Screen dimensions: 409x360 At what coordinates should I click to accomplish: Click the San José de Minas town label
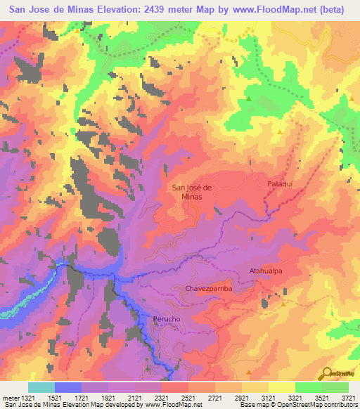pyautogui.click(x=188, y=192)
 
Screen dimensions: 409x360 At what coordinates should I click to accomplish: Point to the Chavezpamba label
pyautogui.click(x=208, y=288)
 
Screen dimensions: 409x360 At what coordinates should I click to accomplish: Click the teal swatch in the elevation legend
pyautogui.click(x=41, y=387)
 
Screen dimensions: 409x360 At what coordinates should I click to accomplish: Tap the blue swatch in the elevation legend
pyautogui.click(x=68, y=387)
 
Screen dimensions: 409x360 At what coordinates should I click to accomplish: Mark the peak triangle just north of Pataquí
pyautogui.click(x=279, y=131)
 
